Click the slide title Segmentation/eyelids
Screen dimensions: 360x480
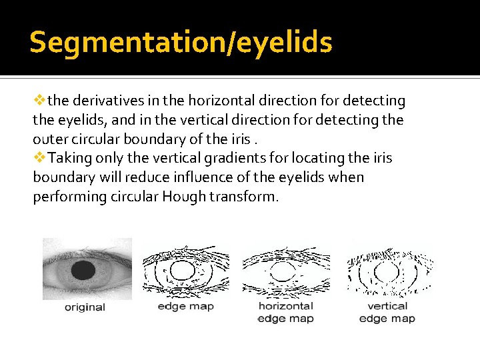tap(181, 43)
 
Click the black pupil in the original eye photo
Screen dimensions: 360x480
tap(83, 270)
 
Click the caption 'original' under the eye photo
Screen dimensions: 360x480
tap(85, 307)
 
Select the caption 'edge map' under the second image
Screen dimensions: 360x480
tap(185, 306)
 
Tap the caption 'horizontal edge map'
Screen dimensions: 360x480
tap(285, 312)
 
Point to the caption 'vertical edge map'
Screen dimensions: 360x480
tap(387, 312)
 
